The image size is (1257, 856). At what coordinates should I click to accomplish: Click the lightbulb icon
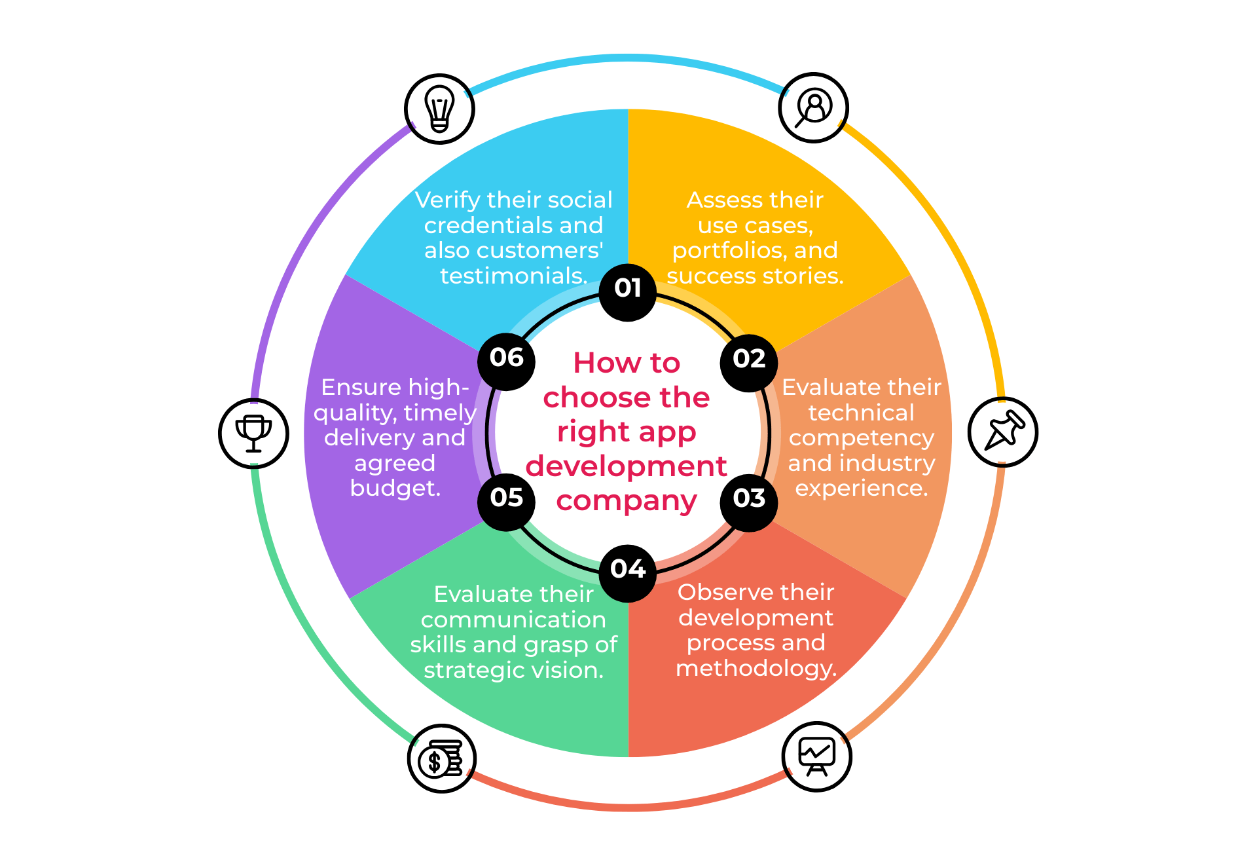pos(439,108)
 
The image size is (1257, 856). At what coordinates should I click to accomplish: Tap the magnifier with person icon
pos(813,107)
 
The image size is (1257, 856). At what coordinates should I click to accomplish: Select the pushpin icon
pos(1002,432)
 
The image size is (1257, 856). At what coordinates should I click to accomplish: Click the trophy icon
pos(253,432)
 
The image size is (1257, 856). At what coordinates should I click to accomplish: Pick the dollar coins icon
pos(442,758)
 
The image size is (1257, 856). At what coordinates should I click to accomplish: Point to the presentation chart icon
pos(816,756)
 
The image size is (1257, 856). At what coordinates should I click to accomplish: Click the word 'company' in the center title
pos(627,502)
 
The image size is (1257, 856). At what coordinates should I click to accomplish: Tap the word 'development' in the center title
pos(627,466)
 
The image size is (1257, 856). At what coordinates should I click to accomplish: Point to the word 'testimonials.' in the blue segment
pos(514,276)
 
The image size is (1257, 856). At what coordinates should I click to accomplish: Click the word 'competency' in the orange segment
pos(861,438)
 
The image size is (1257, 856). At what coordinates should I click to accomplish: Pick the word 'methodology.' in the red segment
pos(756,669)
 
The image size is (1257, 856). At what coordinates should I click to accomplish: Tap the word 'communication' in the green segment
pos(513,620)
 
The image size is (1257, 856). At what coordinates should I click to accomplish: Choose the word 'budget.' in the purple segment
pos(395,489)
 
